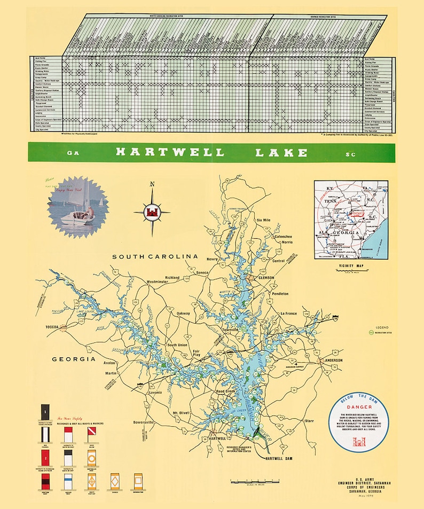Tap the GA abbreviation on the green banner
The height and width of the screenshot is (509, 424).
(73, 153)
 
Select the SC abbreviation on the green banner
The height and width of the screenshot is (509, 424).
(350, 154)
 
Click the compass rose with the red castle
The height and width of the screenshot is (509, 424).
(152, 211)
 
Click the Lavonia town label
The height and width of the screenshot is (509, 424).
(156, 393)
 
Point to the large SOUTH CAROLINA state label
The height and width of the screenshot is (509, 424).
(152, 257)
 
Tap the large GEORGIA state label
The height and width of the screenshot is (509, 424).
(74, 359)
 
